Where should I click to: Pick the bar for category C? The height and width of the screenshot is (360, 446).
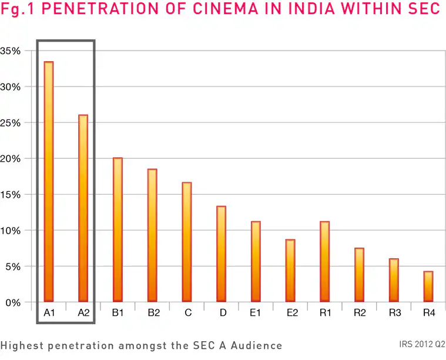[187, 242]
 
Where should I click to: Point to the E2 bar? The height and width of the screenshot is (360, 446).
[290, 271]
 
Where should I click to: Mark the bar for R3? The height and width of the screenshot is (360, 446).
[394, 280]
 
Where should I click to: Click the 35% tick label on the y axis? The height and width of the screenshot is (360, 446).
[11, 51]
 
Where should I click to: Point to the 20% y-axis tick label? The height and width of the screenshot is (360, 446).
[11, 159]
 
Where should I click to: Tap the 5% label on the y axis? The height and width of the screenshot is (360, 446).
[13, 266]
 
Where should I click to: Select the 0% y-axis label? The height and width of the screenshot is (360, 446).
[13, 302]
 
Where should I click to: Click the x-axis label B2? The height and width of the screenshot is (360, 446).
[153, 313]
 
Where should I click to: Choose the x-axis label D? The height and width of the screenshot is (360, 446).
[223, 313]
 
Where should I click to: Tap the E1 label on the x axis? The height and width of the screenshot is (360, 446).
[256, 313]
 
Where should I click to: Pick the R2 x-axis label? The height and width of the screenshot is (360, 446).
[360, 313]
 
